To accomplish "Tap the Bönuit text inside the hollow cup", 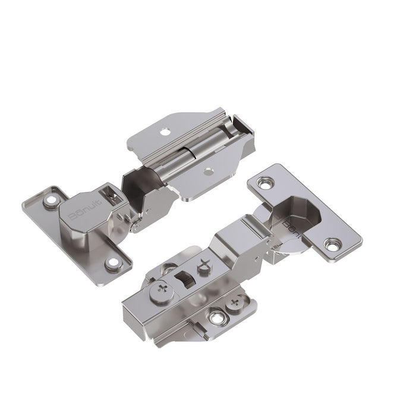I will pos(293,228).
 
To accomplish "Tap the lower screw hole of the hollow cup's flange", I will pos(333,242).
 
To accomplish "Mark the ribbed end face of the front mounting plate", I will pos(140,324).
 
